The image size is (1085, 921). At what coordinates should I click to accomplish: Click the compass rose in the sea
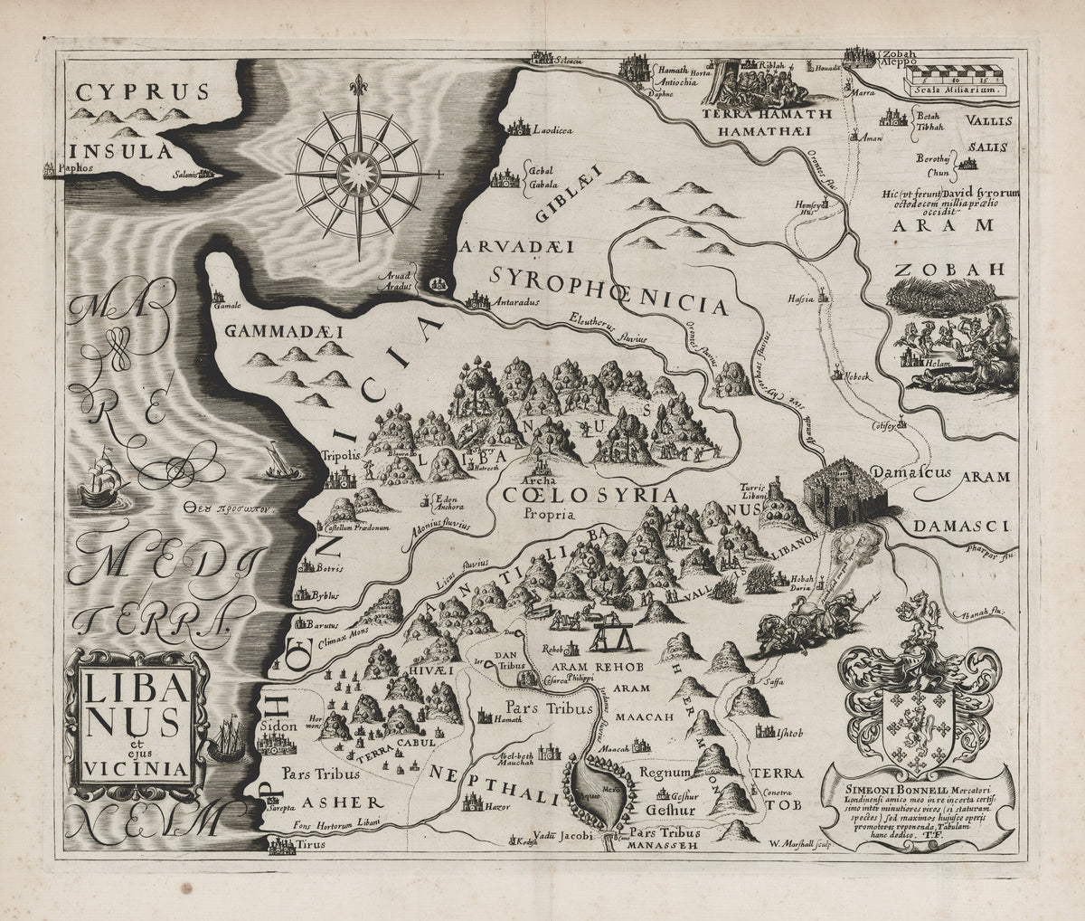tap(359, 169)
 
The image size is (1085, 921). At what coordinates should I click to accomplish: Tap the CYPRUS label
tap(142, 91)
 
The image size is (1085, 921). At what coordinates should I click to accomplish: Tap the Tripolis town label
tap(341, 456)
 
